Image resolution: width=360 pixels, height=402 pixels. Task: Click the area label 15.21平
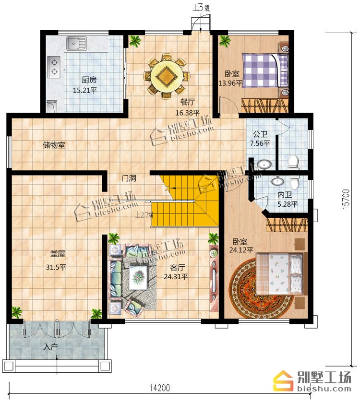(85, 90)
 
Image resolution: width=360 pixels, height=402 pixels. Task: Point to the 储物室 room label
(54, 145)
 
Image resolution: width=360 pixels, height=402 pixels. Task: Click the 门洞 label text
(129, 178)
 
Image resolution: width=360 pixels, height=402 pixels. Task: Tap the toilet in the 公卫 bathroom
(293, 162)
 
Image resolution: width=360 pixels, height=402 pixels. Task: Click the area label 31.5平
(56, 267)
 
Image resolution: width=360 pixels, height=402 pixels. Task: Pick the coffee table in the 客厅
(138, 278)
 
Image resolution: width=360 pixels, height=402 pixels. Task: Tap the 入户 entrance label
(50, 347)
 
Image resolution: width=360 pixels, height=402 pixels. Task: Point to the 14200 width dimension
(160, 388)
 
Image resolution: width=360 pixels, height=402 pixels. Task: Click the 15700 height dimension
(346, 200)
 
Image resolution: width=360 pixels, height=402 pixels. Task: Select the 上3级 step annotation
(201, 8)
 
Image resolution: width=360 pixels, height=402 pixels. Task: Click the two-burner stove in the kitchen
(54, 67)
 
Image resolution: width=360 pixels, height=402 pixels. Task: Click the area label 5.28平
(288, 204)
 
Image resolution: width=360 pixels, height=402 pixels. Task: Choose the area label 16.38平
(187, 113)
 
